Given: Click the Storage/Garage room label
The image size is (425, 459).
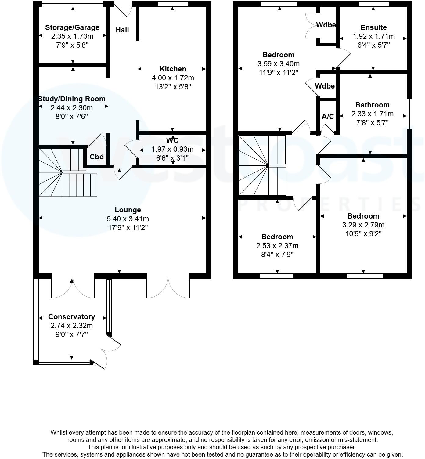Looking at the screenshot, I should click(72, 27).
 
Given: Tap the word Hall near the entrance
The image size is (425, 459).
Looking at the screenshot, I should click(122, 30).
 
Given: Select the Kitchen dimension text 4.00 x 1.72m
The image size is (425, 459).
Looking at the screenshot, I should click(173, 78).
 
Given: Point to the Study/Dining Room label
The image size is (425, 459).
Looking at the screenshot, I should click(72, 99).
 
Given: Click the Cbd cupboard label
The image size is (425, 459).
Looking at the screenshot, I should click(97, 157).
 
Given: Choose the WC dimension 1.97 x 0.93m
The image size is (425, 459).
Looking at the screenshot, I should click(172, 149).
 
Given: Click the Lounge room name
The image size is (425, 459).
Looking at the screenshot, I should click(128, 210).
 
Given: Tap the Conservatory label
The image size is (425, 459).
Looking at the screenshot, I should click(71, 317).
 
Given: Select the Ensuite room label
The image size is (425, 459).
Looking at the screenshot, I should click(373, 27).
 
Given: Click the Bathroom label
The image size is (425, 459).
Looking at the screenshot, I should click(372, 105).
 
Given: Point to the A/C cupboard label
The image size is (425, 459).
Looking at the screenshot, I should click(328, 117).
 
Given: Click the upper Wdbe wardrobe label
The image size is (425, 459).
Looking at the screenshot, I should click(326, 25).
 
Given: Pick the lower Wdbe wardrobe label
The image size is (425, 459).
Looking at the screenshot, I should click(325, 86).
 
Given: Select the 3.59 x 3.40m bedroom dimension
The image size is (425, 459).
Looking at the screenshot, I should click(278, 64).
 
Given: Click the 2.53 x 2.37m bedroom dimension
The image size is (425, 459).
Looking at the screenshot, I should click(277, 246).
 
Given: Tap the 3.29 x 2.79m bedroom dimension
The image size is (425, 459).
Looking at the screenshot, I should click(363, 225).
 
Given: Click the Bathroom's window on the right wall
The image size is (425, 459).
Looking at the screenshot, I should click(410, 114).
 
